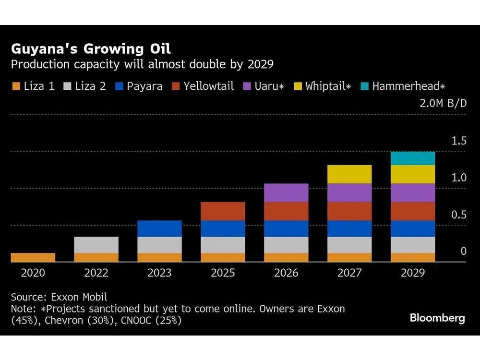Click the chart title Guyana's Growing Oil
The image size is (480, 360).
(91, 49)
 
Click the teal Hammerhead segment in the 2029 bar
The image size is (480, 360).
(413, 158)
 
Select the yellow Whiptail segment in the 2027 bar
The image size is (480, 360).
(349, 174)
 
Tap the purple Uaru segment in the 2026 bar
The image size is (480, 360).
(286, 192)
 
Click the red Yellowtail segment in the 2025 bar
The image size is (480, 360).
(223, 211)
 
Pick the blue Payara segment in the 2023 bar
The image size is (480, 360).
(159, 228)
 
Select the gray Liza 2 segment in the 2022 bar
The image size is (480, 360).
(96, 245)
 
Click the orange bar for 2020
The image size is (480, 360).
(33, 257)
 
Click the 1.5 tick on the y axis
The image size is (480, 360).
(458, 141)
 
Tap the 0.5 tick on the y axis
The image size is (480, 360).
(458, 215)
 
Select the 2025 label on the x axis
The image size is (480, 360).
(223, 273)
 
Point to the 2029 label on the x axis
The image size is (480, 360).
(413, 273)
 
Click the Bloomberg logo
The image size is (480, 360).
(437, 318)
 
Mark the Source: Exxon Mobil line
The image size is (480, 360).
(59, 297)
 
